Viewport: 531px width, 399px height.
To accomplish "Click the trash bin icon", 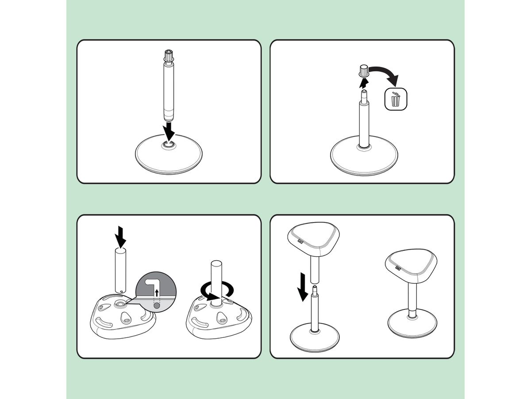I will click(395, 99).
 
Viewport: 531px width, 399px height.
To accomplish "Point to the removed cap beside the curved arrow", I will click(364, 71).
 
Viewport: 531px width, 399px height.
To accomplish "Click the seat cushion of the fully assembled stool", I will click(412, 265).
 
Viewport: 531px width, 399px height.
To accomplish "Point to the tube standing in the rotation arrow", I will click(215, 279).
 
